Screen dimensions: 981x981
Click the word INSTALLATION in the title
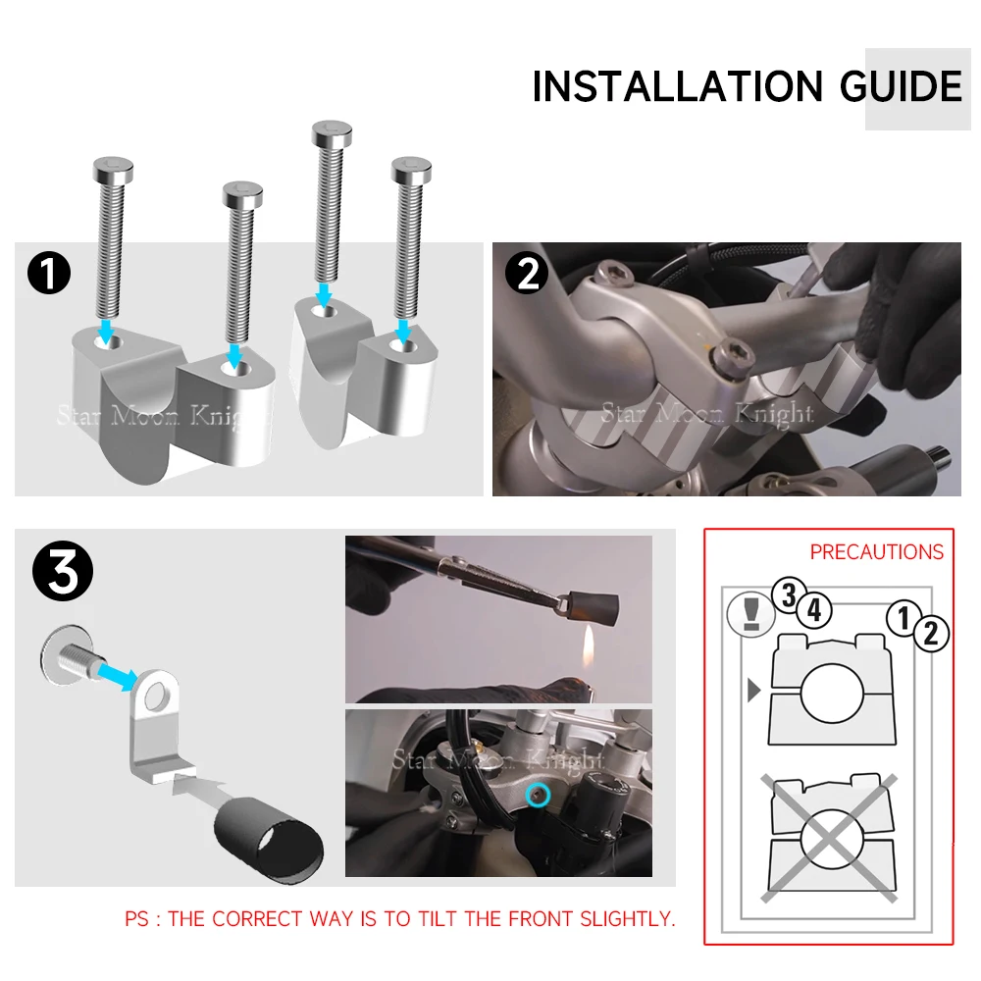677,86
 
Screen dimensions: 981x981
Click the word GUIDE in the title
901,86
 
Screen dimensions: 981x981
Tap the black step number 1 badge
49,273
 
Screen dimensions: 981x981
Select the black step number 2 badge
528,273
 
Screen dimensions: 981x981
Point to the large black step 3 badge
63,571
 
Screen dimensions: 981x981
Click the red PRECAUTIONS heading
876,551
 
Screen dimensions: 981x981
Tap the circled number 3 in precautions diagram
789,594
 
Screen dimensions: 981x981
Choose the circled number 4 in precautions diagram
814,610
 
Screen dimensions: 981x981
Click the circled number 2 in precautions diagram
931,634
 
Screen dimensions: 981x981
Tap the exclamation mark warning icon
750,614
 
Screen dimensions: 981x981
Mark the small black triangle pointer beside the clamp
753,690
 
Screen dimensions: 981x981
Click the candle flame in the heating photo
589,648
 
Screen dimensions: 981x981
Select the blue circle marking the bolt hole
538,796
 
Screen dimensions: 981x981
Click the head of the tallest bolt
332,133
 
